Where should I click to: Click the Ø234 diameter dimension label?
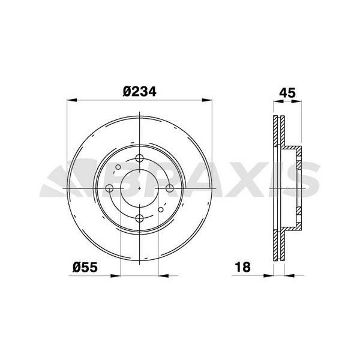pos(139,91)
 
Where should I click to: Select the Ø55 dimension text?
pos(85,267)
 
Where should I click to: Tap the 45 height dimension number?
pos(287,93)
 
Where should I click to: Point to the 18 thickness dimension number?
pos(242,267)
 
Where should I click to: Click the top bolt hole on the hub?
pos(139,158)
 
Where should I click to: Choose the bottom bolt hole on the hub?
pos(139,218)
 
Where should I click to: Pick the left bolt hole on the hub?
pos(109,188)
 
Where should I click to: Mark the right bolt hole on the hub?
pos(169,188)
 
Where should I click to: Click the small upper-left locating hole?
pos(118,167)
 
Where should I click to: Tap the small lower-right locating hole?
pos(161,209)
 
